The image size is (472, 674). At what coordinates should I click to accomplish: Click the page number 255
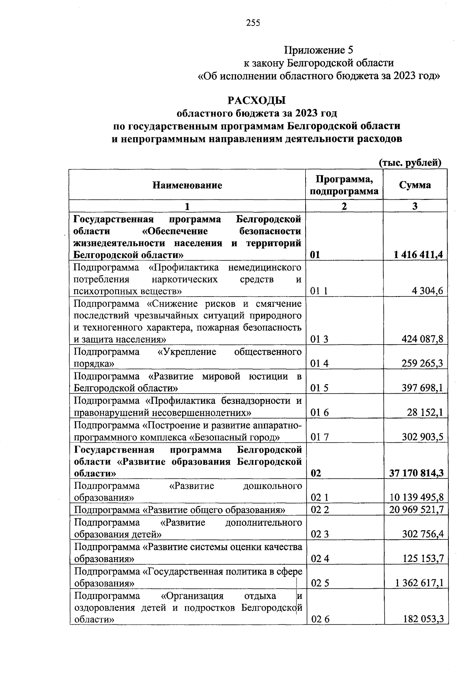(x=253, y=23)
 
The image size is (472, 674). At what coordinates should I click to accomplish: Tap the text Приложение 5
(x=319, y=50)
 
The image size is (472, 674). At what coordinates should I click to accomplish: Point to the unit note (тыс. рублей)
(x=410, y=162)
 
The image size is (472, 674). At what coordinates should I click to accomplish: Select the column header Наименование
(x=187, y=185)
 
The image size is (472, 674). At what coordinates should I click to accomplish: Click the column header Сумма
(x=415, y=185)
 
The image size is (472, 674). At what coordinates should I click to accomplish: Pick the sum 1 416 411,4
(x=419, y=255)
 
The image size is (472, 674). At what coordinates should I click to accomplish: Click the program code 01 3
(x=319, y=339)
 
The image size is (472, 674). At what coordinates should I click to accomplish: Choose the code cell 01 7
(x=319, y=437)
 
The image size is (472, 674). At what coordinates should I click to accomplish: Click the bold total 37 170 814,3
(x=417, y=473)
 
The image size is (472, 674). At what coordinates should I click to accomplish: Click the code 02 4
(x=319, y=558)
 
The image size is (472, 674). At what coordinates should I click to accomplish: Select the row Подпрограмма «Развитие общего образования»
(x=180, y=510)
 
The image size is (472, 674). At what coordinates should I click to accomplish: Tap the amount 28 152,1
(x=425, y=413)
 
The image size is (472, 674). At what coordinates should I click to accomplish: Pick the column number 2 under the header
(x=344, y=206)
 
